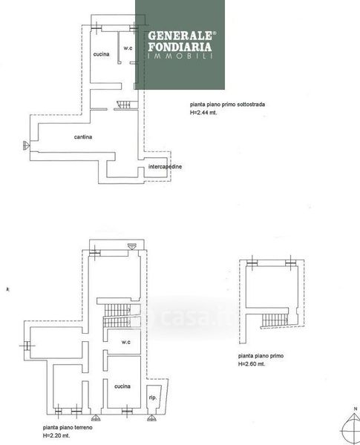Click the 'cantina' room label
point(83,137)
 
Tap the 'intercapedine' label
point(165,167)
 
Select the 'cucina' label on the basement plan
point(102,54)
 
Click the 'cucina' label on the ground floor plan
point(122,386)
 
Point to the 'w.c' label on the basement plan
point(128,48)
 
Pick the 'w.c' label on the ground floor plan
point(126,342)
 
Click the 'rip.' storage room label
point(153,398)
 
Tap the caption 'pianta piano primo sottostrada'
point(227,105)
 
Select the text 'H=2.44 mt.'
point(203,113)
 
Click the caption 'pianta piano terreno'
point(68,427)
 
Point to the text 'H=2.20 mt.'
point(56,435)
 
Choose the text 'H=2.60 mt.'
point(252,364)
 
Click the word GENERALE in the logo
point(180,36)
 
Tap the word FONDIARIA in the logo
point(180,47)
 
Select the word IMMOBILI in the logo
point(180,56)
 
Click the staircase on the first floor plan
point(275,320)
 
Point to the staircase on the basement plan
point(124,105)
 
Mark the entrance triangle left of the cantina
point(26,145)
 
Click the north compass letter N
point(356,409)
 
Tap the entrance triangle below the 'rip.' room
point(151,418)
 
